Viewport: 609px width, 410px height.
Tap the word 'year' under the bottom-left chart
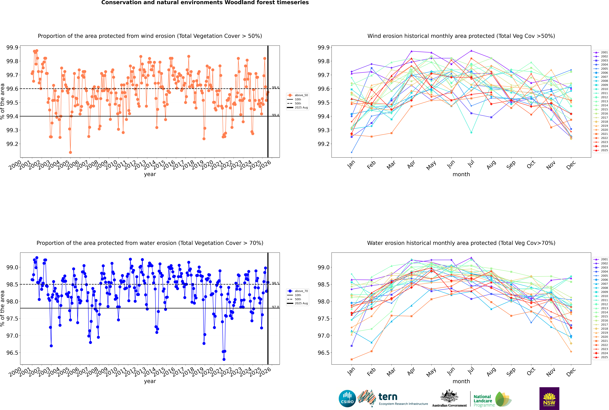pyautogui.click(x=150, y=381)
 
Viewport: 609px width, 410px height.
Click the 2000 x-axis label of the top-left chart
pyautogui.click(x=15, y=165)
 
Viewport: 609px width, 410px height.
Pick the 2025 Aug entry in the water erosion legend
pyautogui.click(x=301, y=303)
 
